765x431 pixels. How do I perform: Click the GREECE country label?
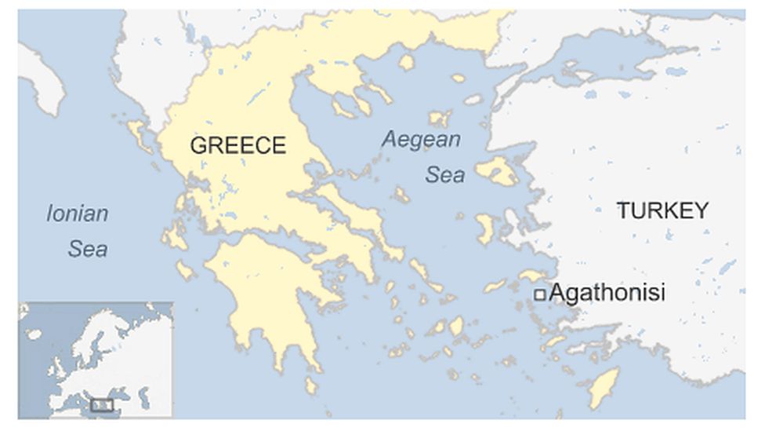point(238,146)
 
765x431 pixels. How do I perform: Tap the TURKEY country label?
point(662,210)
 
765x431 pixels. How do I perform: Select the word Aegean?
point(420,141)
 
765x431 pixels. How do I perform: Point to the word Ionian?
point(77,214)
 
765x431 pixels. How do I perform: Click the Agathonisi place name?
point(607,294)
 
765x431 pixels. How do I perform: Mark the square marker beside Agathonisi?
point(539,294)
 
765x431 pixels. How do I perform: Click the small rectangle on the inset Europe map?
point(102,405)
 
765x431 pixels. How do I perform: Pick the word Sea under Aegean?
point(444,175)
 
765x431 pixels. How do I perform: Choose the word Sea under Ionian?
point(87,250)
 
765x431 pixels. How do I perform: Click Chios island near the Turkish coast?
point(485,228)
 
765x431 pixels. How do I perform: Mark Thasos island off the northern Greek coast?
point(406,61)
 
